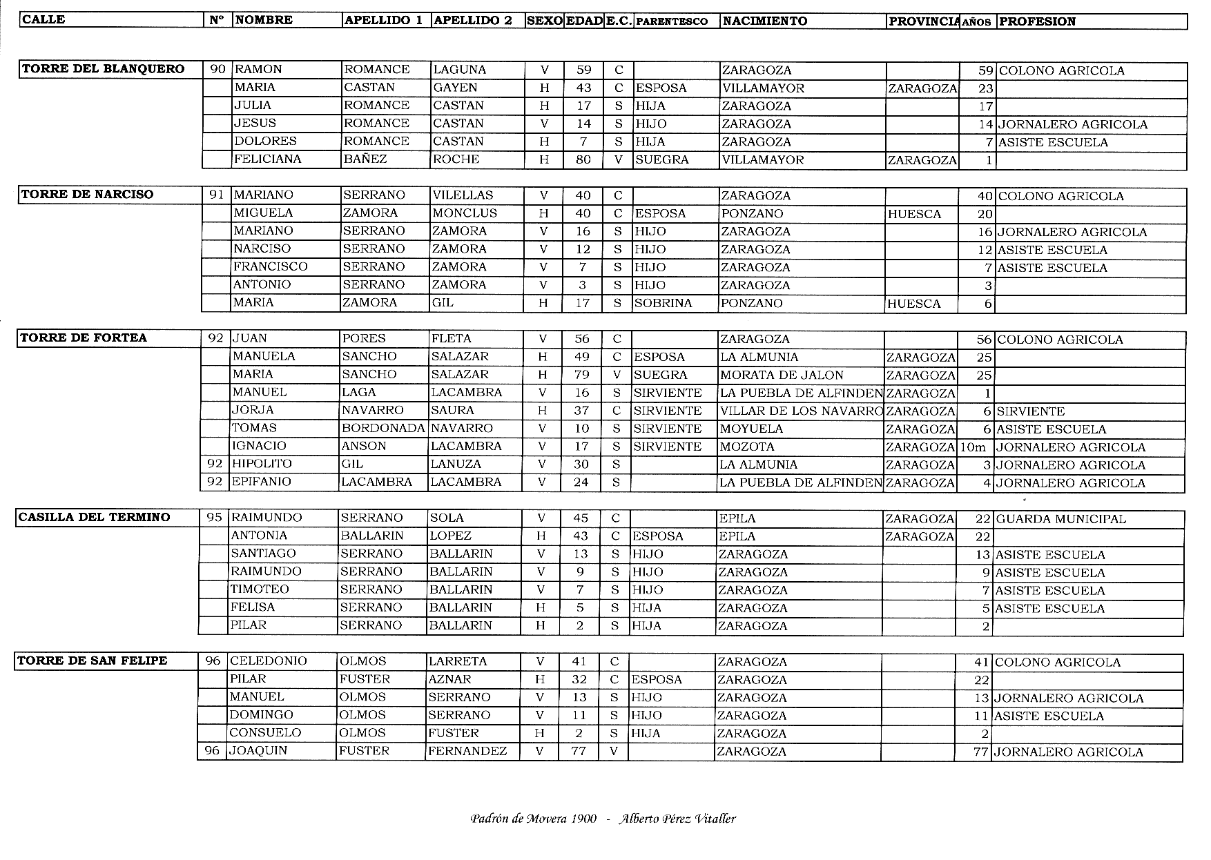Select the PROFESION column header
click(1036, 21)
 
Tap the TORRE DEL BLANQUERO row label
click(103, 69)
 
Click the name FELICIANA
click(267, 159)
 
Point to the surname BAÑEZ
click(365, 159)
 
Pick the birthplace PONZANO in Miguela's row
click(752, 213)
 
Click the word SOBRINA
click(663, 303)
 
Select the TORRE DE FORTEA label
click(84, 338)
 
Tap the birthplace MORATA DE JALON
click(782, 375)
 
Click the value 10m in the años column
click(973, 447)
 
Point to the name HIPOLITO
click(262, 464)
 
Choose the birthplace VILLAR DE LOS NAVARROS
click(801, 411)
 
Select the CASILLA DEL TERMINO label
click(94, 518)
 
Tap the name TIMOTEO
click(260, 589)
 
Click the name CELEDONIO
click(268, 661)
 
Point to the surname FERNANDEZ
click(467, 751)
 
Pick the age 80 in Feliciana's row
click(583, 159)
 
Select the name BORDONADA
click(382, 428)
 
